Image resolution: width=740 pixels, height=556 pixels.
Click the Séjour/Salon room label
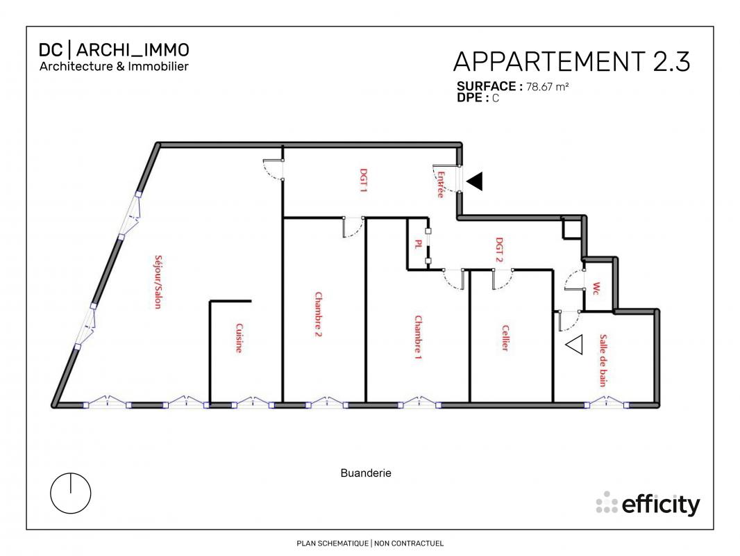point(158,282)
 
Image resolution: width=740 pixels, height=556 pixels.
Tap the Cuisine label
point(239,338)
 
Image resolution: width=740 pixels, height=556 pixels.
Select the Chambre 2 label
point(319,315)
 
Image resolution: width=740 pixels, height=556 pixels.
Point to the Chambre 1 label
point(418,337)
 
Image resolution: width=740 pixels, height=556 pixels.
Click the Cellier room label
point(505,338)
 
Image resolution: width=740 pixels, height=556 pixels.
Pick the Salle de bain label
point(603,361)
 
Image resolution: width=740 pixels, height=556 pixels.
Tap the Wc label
point(596,288)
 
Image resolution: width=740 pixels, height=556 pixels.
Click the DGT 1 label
point(364,181)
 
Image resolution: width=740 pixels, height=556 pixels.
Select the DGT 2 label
point(499,250)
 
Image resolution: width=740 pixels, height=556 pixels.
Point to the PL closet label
point(418,244)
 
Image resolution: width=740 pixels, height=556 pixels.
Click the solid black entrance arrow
point(475,181)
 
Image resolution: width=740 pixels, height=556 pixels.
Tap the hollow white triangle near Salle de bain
point(574,344)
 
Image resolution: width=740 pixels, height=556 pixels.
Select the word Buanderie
point(366,473)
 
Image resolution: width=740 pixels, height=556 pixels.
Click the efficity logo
point(648,504)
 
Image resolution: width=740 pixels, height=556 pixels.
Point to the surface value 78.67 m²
point(548,87)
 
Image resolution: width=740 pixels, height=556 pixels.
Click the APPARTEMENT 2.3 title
point(571,62)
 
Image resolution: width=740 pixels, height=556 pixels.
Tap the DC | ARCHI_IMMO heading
point(114,49)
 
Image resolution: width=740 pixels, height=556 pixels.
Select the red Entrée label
point(441,184)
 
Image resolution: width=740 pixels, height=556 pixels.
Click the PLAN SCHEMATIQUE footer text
point(333,543)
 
